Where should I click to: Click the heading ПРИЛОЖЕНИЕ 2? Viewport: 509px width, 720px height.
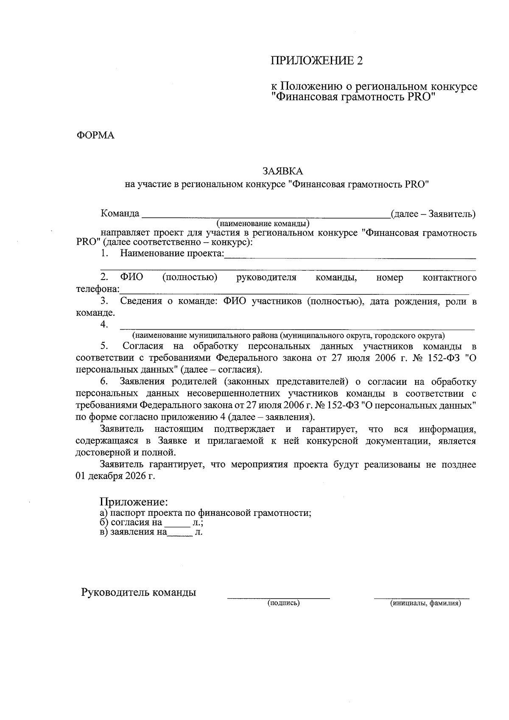(317, 61)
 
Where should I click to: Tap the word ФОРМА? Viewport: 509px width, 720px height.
(95, 135)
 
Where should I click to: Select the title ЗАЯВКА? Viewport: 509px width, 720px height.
(283, 171)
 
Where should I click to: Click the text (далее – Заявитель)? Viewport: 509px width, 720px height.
(433, 213)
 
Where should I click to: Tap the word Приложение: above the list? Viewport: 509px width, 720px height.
(134, 502)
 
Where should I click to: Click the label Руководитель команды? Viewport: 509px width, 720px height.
(139, 592)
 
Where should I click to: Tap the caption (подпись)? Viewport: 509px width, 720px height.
(283, 602)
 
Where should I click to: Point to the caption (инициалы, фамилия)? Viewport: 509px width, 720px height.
(425, 602)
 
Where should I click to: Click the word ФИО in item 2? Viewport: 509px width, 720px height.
(131, 277)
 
